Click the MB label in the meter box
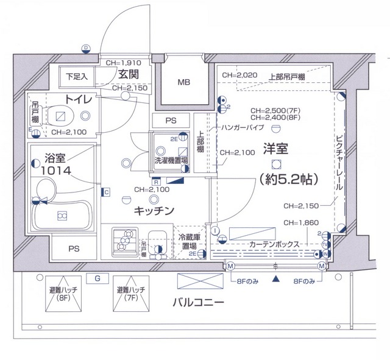click(183, 82)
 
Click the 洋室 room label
click(276, 148)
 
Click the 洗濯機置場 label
click(171, 161)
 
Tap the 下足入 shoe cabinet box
click(77, 77)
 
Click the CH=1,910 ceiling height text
click(123, 62)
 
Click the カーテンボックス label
click(274, 244)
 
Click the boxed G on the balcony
click(97, 278)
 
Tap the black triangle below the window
click(276, 280)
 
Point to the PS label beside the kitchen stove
click(74, 249)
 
